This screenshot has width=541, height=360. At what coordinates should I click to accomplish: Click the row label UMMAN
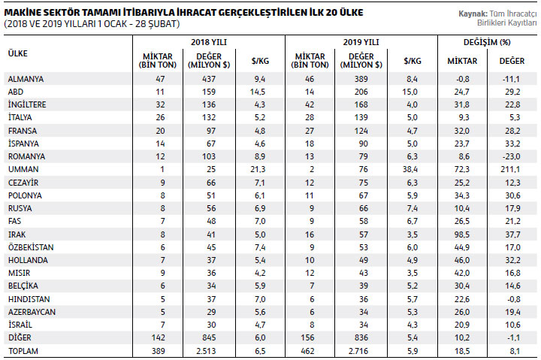tap(23, 169)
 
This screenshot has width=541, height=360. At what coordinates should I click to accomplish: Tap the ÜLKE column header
tap(17, 53)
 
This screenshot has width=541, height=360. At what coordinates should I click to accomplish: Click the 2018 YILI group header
tap(209, 42)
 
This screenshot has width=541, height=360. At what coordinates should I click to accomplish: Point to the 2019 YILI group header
tap(361, 42)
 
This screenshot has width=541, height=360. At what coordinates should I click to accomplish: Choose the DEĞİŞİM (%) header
tap(487, 42)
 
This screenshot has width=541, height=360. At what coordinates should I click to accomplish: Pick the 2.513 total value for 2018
tap(205, 351)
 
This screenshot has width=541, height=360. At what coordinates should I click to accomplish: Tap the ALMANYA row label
tap(26, 79)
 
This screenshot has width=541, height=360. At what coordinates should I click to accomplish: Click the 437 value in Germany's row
tap(209, 79)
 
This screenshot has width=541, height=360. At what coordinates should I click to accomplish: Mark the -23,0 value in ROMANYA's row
tap(512, 156)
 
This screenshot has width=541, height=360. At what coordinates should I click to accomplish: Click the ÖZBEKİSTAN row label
tap(31, 247)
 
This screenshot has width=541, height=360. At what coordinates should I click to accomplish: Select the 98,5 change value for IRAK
tap(462, 234)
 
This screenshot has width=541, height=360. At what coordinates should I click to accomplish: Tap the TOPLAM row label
tap(23, 351)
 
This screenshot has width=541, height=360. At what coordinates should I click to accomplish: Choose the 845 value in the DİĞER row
tap(209, 337)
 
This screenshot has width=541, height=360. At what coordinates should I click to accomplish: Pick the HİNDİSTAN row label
tap(29, 299)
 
